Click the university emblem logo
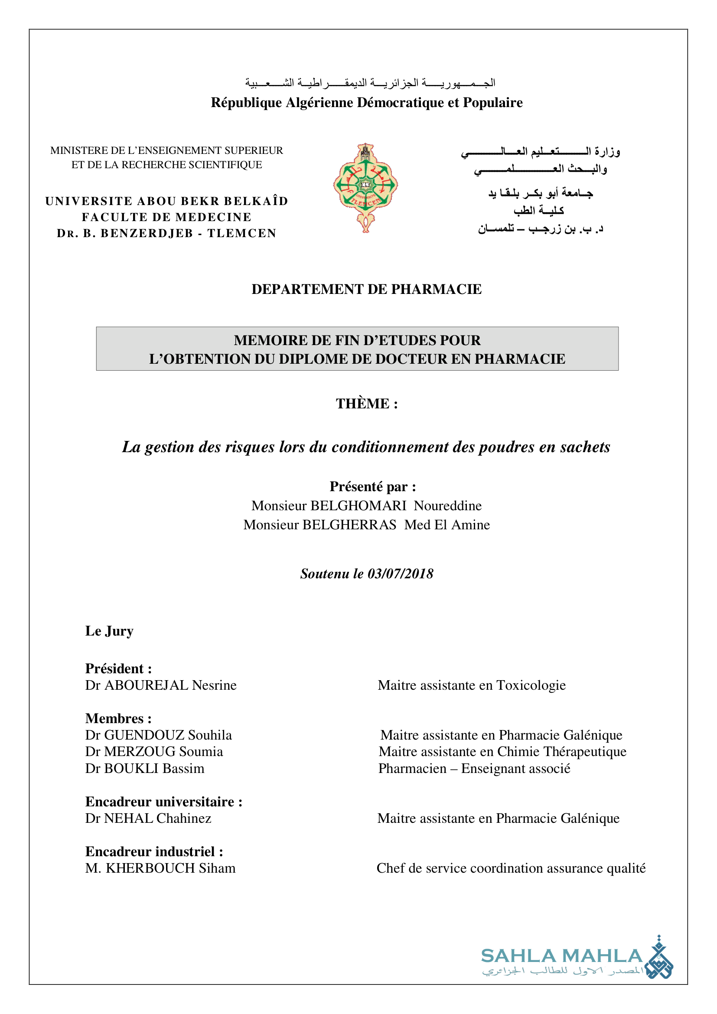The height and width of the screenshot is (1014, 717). pyautogui.click(x=365, y=187)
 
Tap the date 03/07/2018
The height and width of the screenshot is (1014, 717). pyautogui.click(x=401, y=574)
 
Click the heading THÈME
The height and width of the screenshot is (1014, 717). pyautogui.click(x=366, y=404)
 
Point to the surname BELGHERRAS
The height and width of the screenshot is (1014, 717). pyautogui.click(x=349, y=525)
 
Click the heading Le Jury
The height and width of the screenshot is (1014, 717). pyautogui.click(x=109, y=631)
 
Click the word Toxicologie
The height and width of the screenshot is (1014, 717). pyautogui.click(x=531, y=685)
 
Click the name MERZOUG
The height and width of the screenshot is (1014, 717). pyautogui.click(x=140, y=752)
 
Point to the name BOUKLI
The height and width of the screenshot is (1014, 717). pyautogui.click(x=131, y=769)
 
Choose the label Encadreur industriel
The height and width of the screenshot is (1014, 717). pyautogui.click(x=154, y=851)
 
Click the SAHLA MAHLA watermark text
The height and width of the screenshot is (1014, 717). pyautogui.click(x=561, y=956)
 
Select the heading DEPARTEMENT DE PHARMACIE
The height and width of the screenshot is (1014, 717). pyautogui.click(x=366, y=289)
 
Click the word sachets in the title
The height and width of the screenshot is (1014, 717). pyautogui.click(x=585, y=447)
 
